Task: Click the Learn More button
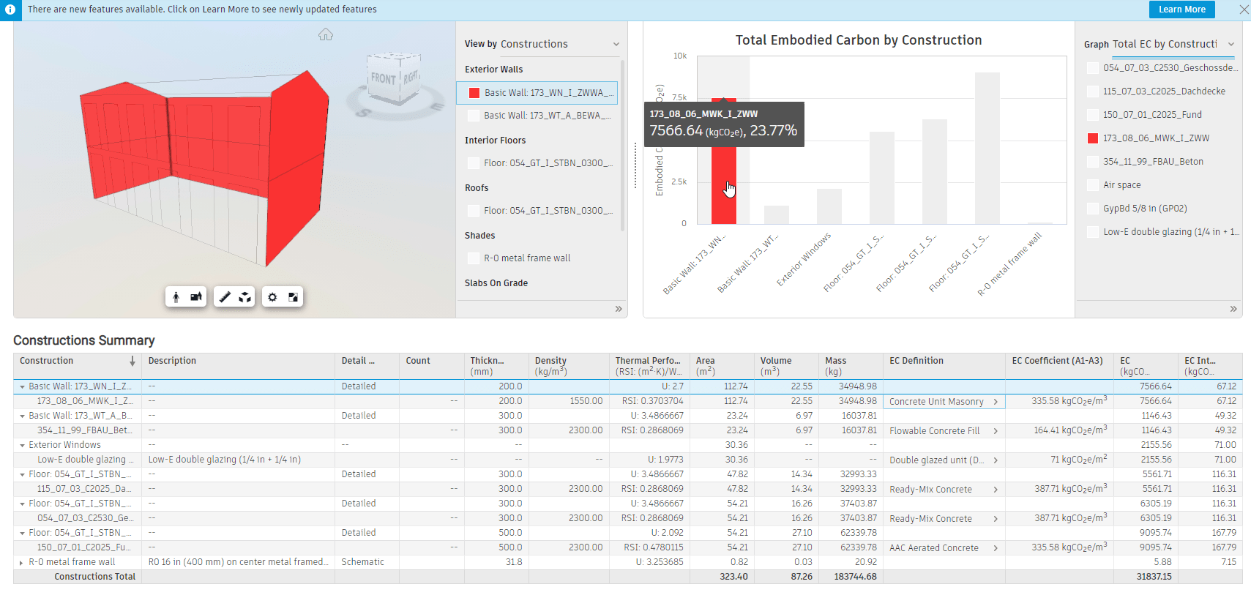pos(1181,10)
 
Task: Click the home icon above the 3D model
pos(326,34)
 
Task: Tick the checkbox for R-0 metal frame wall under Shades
pos(474,258)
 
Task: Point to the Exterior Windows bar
pos(829,206)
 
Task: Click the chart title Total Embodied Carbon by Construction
pos(858,40)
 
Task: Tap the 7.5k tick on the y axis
pos(679,97)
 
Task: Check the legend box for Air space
pos(1093,185)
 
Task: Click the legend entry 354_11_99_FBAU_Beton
pos(1152,162)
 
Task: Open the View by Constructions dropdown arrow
pos(616,44)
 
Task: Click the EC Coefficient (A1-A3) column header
pos(1056,361)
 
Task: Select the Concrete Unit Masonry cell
pos(936,402)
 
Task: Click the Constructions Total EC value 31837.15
pos(1154,577)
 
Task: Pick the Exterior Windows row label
pos(64,445)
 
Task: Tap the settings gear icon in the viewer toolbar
pos(272,297)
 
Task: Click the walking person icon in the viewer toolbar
pos(176,297)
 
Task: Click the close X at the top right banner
pos(1244,10)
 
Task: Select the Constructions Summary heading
pos(84,340)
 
